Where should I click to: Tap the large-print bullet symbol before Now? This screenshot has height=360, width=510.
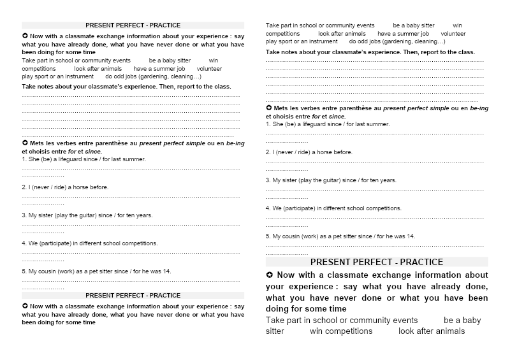270,275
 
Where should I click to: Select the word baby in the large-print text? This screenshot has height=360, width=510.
472,320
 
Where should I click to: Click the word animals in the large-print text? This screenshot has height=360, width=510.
449,331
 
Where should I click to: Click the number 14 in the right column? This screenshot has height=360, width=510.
411,236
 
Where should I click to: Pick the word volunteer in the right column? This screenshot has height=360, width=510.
453,34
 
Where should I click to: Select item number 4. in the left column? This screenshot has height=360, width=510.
24,243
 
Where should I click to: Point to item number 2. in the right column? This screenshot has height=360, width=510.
268,152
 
